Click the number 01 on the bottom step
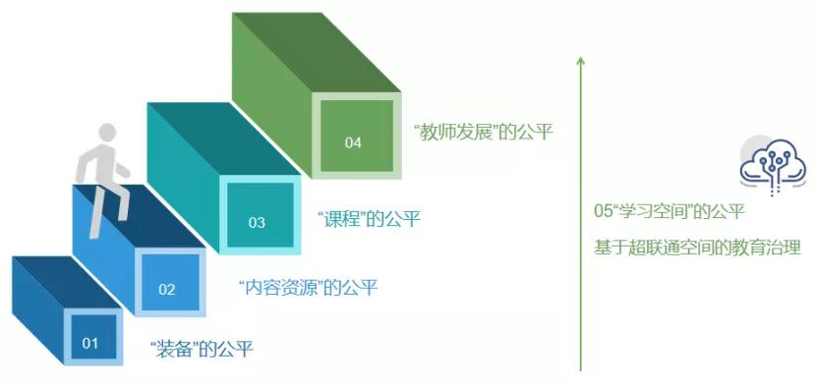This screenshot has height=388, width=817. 90,343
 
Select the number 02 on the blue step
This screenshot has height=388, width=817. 166,289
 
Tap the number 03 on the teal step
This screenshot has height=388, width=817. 257,222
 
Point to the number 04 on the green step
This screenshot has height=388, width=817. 353,142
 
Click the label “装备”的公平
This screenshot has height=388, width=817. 202,348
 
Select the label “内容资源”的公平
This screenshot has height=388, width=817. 308,288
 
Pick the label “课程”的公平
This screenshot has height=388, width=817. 370,219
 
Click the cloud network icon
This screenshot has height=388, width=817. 766,162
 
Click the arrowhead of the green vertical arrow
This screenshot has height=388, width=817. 581,61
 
